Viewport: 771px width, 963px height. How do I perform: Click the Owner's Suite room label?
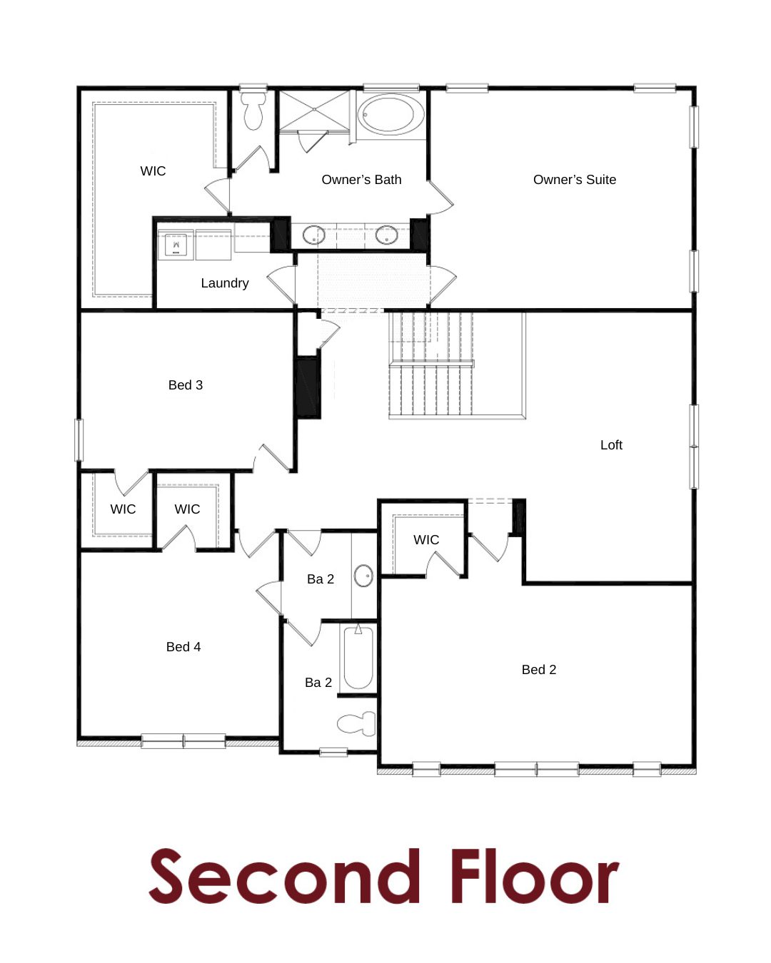575,180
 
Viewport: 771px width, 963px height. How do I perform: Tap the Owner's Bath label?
361,180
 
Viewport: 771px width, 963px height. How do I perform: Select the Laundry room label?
224,282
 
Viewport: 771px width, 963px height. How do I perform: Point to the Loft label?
611,445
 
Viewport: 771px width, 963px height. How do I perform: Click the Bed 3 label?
186,384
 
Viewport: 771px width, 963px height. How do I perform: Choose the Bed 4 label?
183,646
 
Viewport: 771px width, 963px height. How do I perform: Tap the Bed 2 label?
539,669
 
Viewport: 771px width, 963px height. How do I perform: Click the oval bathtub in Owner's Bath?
390,115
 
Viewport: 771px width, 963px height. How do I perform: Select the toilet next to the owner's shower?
253,111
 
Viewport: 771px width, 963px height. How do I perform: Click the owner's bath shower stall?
314,110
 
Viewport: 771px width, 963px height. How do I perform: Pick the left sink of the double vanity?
313,235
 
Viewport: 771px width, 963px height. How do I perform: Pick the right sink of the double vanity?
386,235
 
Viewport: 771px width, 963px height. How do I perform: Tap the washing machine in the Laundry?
176,245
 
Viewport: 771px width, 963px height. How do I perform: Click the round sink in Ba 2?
363,576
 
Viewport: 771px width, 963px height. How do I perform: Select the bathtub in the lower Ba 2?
358,658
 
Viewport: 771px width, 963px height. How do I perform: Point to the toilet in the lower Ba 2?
356,723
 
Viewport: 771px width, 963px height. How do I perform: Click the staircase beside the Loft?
431,365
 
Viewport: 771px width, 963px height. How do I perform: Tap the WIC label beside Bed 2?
426,540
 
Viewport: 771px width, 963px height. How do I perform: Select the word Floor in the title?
535,877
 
